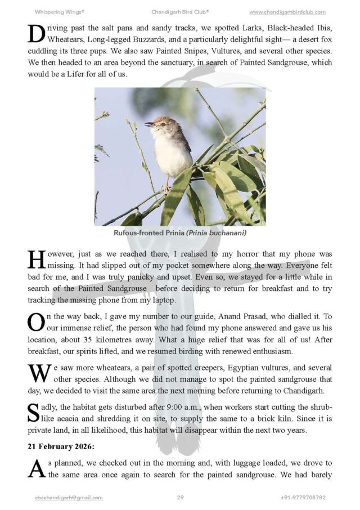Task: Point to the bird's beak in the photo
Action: click(147, 124)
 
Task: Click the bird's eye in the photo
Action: click(155, 122)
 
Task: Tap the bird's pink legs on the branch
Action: click(166, 184)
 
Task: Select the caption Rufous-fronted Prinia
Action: click(148, 233)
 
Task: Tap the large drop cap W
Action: click(37, 373)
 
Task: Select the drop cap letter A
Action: click(35, 469)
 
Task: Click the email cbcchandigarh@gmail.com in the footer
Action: click(69, 498)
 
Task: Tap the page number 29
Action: click(180, 498)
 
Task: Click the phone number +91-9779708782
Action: click(303, 498)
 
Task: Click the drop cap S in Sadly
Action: click(33, 413)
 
